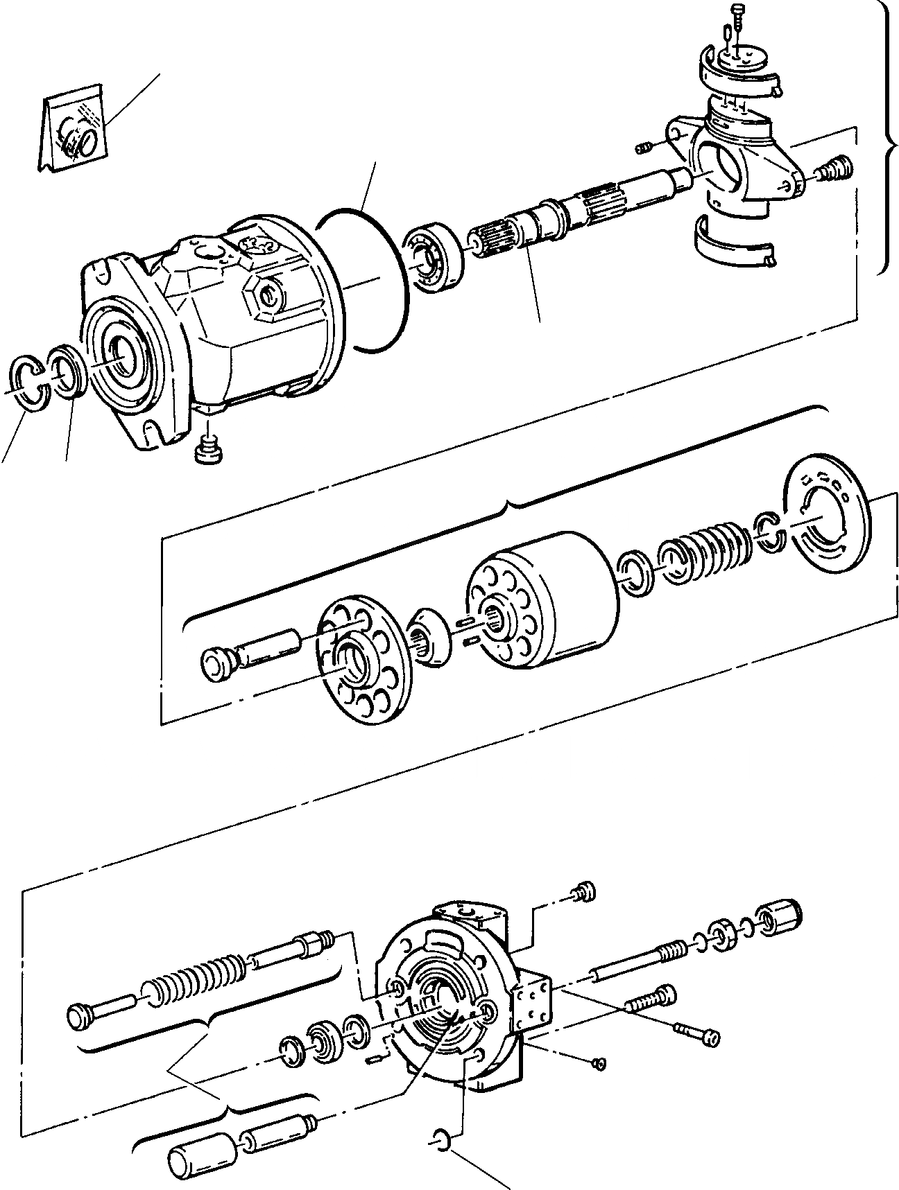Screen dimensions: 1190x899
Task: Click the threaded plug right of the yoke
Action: click(x=836, y=168)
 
